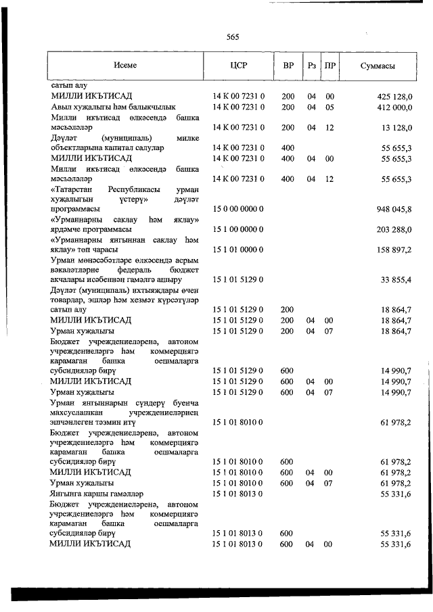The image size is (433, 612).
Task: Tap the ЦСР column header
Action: tap(238, 66)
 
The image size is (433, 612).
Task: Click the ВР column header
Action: tap(288, 66)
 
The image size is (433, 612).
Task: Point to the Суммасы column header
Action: tap(378, 66)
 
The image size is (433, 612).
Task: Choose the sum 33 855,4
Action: tap(397, 280)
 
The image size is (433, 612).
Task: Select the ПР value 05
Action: tap(330, 107)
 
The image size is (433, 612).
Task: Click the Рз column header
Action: tap(312, 66)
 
